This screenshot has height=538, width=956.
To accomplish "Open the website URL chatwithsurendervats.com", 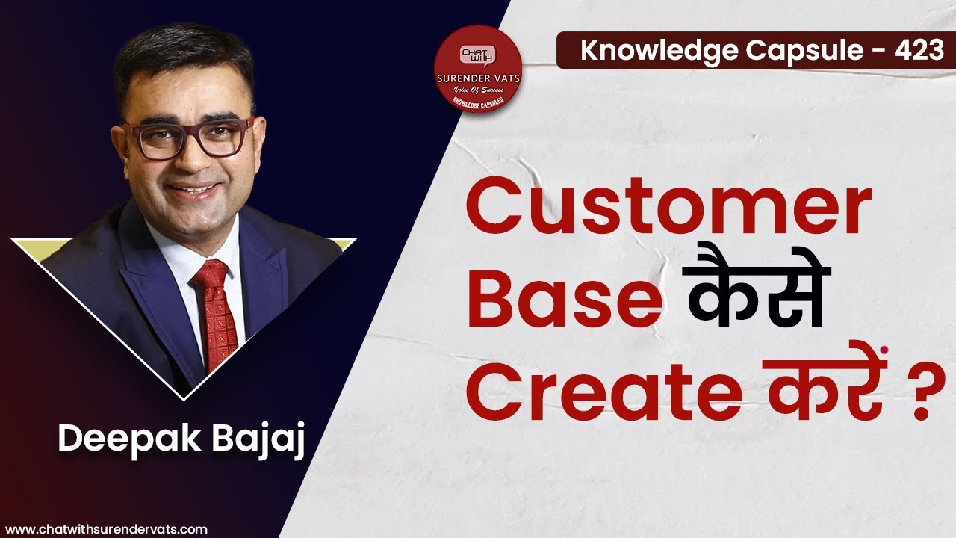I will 106,529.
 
